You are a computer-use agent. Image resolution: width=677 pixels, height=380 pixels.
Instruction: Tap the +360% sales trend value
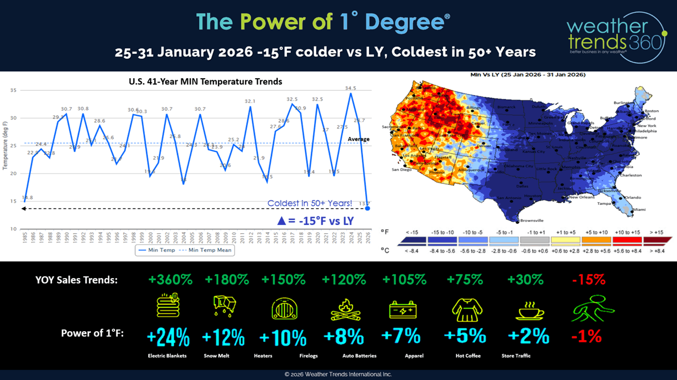pyautogui.click(x=171, y=280)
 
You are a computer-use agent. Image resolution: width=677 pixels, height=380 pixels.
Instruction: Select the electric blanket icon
pyautogui.click(x=168, y=306)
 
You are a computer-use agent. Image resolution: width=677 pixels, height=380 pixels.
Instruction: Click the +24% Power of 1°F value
pyautogui.click(x=168, y=336)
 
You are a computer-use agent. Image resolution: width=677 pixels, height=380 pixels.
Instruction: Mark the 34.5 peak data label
pyautogui.click(x=351, y=88)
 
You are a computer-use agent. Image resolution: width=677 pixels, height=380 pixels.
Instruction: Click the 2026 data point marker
pyautogui.click(x=367, y=208)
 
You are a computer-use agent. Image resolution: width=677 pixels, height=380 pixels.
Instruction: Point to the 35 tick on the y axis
pyautogui.click(x=13, y=90)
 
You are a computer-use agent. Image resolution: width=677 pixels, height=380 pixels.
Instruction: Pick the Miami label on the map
pyautogui.click(x=639, y=209)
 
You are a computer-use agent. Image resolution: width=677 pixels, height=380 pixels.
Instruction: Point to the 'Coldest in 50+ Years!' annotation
pyautogui.click(x=309, y=203)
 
